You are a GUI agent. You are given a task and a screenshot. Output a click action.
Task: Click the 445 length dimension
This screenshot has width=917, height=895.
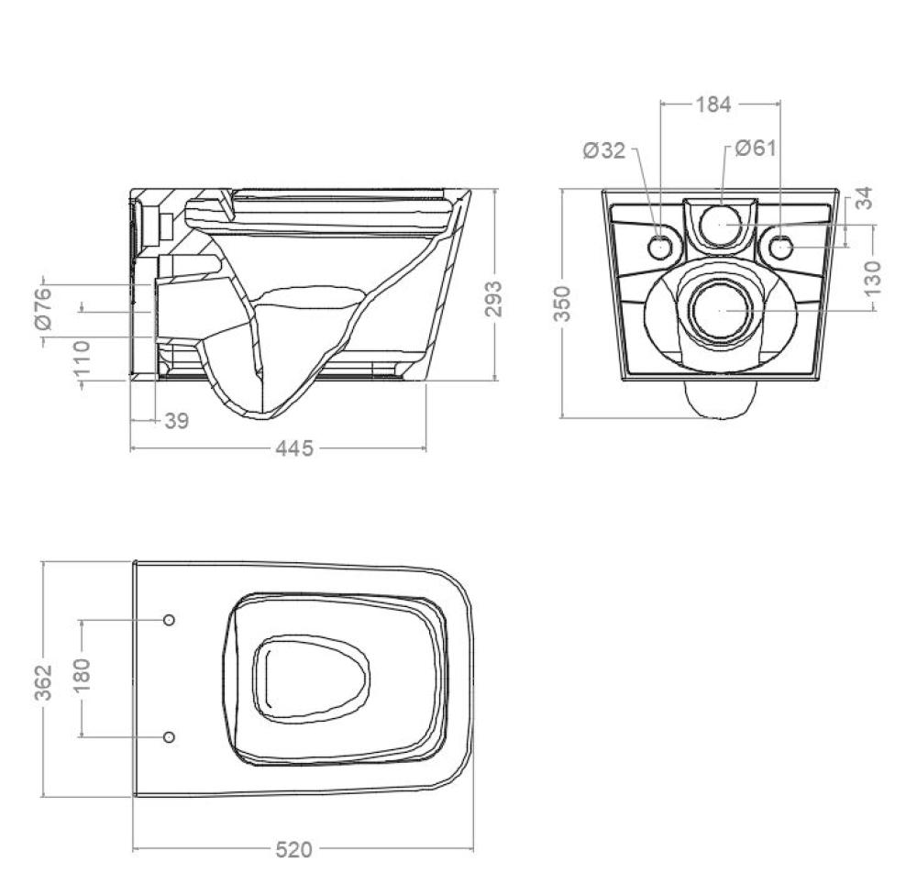pos(294,448)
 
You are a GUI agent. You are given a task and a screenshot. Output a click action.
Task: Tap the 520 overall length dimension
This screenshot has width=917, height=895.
pos(294,850)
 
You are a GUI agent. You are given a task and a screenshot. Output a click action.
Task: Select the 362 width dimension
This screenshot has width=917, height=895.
pos(44,681)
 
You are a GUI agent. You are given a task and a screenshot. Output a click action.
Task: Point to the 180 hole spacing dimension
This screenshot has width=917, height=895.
pos(82,675)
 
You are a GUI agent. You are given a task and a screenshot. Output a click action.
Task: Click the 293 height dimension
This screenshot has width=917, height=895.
pos(494,298)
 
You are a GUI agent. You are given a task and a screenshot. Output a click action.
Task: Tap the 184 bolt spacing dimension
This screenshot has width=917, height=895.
pos(713,105)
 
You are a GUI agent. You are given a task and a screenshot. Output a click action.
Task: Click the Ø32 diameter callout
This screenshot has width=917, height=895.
pos(604,151)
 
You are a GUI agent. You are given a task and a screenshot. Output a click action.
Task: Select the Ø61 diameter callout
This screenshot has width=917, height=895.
pos(756,148)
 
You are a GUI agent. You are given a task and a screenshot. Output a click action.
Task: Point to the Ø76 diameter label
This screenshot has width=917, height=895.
pos(44,309)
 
